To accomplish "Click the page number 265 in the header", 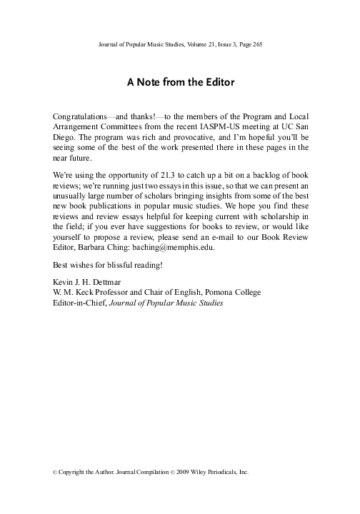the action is [258, 45].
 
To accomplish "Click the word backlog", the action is [266, 175].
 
